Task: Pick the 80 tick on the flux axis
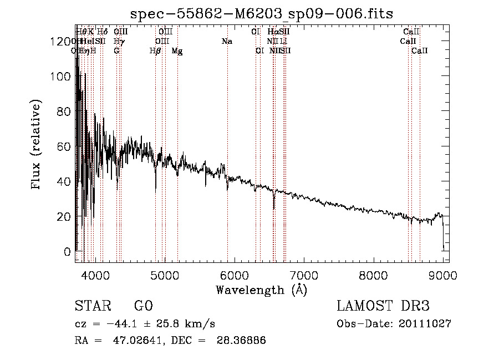coord(64,111)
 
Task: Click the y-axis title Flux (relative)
coord(37,145)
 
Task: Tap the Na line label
coord(226,42)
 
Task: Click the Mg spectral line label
coord(177,51)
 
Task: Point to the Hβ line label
coord(155,51)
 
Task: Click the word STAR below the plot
coord(92,306)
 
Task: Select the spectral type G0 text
coord(142,306)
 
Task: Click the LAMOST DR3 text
coord(383,306)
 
